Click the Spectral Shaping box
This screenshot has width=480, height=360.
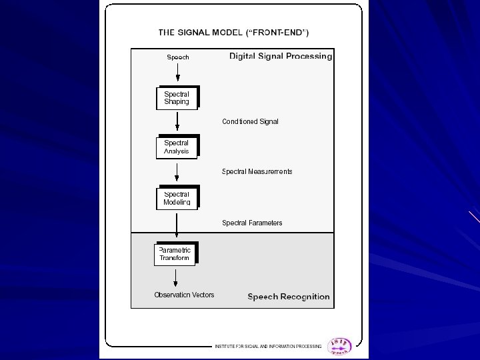coord(177,98)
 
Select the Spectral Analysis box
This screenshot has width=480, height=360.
coord(177,147)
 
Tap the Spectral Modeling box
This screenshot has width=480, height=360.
coord(177,198)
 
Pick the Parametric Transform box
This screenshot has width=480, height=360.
coord(175,254)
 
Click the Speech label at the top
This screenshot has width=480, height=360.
coord(178,57)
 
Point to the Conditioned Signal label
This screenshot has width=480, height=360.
coord(250,121)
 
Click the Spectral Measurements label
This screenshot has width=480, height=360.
coord(257,171)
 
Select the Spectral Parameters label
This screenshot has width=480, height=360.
coord(252,223)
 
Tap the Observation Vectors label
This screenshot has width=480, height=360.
coord(184,295)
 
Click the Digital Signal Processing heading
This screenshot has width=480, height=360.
coord(281,57)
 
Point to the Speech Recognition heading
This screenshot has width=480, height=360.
coord(289,297)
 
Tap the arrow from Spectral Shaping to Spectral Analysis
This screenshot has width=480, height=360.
coord(177,121)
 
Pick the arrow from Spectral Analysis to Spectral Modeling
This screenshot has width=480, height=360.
coord(177,171)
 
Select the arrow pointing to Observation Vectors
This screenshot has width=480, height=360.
coord(175,277)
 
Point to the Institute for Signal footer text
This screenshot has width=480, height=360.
coord(267,347)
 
